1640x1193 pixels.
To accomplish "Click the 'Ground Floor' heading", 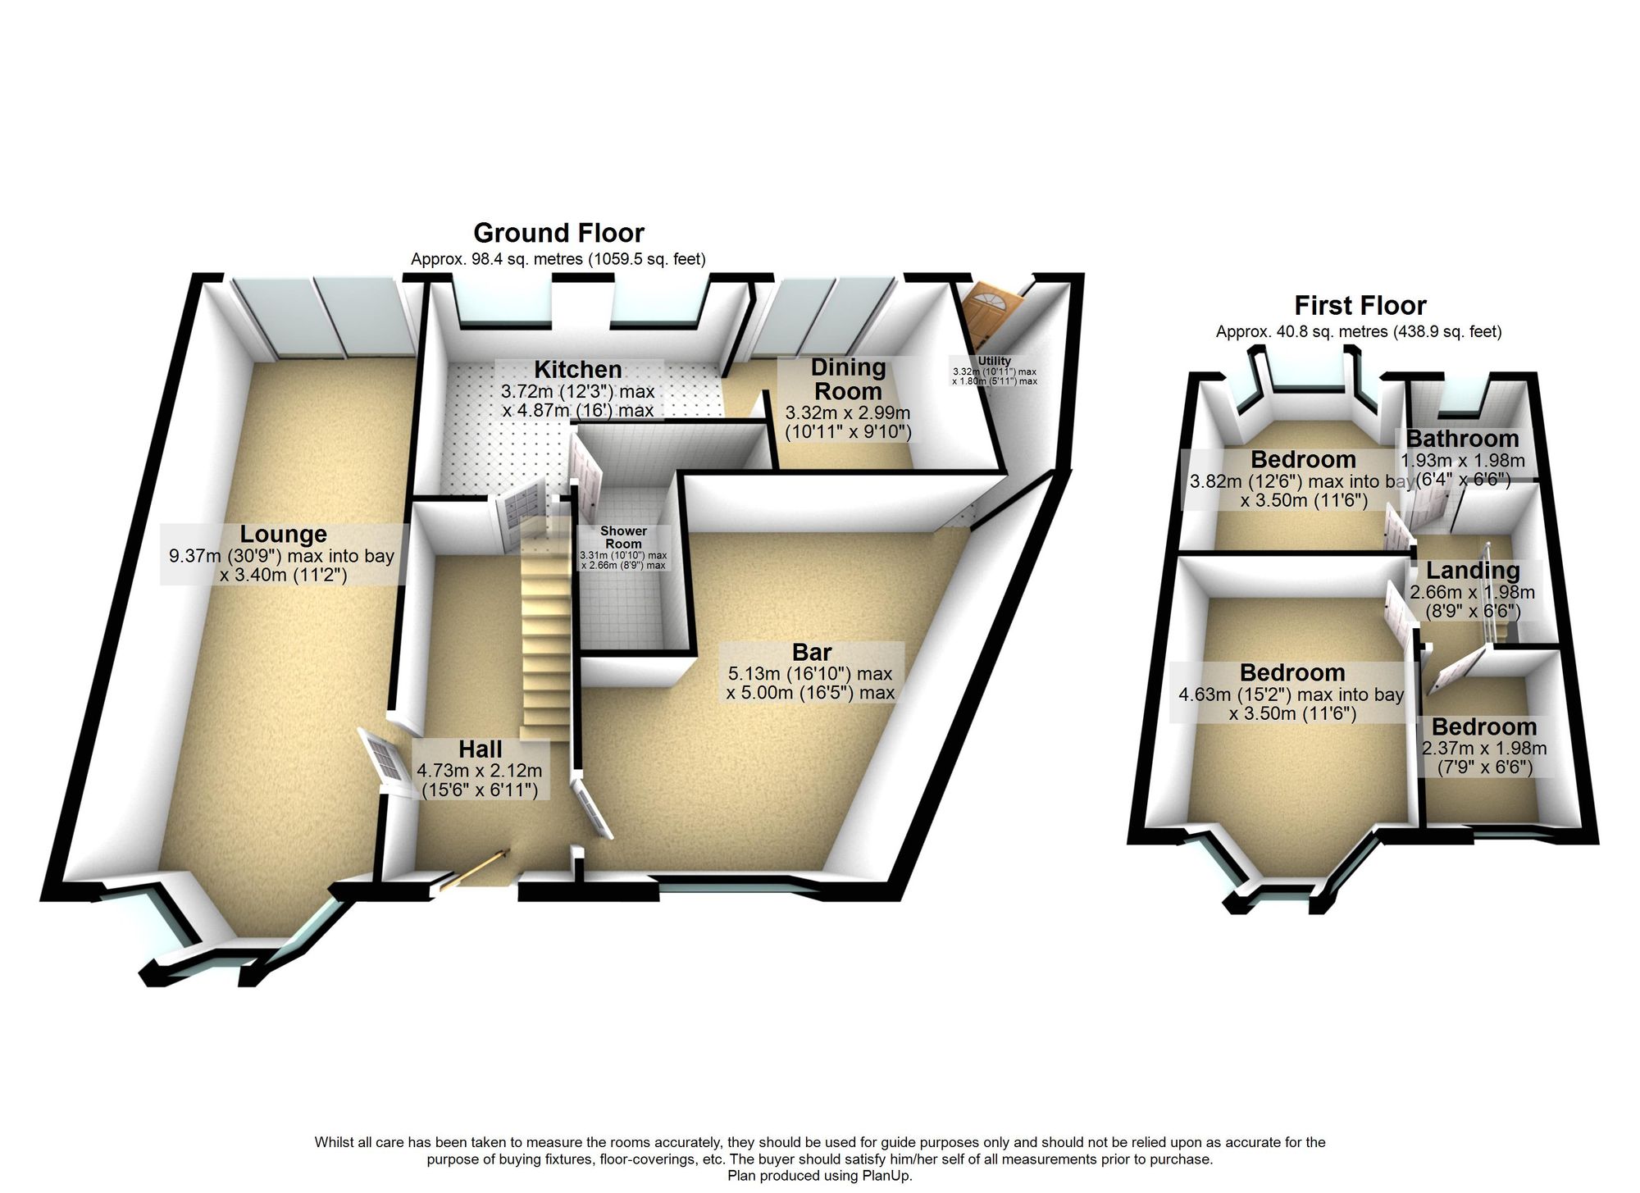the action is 559,233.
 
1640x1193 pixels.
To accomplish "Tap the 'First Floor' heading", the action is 1360,306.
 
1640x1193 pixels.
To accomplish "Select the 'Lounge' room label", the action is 283,534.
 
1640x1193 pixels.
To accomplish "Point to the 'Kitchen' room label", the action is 578,369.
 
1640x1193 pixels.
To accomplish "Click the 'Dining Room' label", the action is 848,379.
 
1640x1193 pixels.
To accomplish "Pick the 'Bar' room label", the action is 812,653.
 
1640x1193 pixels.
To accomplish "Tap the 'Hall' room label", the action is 481,749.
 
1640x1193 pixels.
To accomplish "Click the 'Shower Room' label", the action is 623,537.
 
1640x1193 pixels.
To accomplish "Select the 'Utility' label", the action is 995,361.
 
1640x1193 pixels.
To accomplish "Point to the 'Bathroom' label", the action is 1463,439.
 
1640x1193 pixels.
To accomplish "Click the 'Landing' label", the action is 1473,571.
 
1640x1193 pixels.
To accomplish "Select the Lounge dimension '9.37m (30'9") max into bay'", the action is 282,556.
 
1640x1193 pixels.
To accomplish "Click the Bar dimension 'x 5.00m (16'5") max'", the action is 810,693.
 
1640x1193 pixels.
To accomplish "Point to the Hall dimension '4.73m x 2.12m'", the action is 480,771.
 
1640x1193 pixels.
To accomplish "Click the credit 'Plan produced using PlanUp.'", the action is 820,1176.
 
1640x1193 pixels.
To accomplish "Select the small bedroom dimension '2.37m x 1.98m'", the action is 1484,749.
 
